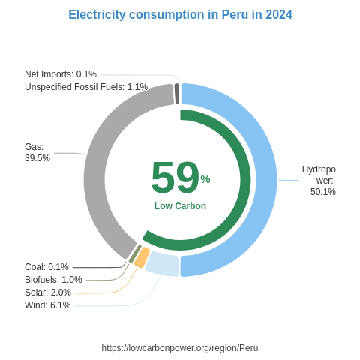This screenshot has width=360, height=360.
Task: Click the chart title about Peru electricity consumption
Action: (180, 15)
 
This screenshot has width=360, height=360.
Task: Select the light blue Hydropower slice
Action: (265, 180)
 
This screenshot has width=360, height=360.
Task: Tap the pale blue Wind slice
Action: (162, 263)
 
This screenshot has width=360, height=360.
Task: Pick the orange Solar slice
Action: (142, 257)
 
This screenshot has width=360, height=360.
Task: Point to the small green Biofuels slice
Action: (134, 253)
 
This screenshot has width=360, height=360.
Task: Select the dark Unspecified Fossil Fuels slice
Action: (176, 94)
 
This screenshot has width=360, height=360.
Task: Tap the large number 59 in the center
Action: (175, 178)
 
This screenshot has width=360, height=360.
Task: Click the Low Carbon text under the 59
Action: (180, 206)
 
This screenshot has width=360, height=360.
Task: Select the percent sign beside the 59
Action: (205, 179)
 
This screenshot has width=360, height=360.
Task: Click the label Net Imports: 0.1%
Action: (61, 74)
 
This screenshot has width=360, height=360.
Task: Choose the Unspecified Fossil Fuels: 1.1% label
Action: (86, 87)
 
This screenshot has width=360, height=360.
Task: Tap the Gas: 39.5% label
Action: (37, 152)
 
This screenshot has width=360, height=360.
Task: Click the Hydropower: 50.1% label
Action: (319, 181)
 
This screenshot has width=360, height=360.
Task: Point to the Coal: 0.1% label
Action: (46, 267)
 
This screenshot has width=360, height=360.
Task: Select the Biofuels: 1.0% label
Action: (53, 280)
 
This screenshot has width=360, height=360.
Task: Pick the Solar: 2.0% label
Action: (48, 292)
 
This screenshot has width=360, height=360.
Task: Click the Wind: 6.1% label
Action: (48, 305)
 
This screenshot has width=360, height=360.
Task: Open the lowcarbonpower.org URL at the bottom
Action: (180, 348)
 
